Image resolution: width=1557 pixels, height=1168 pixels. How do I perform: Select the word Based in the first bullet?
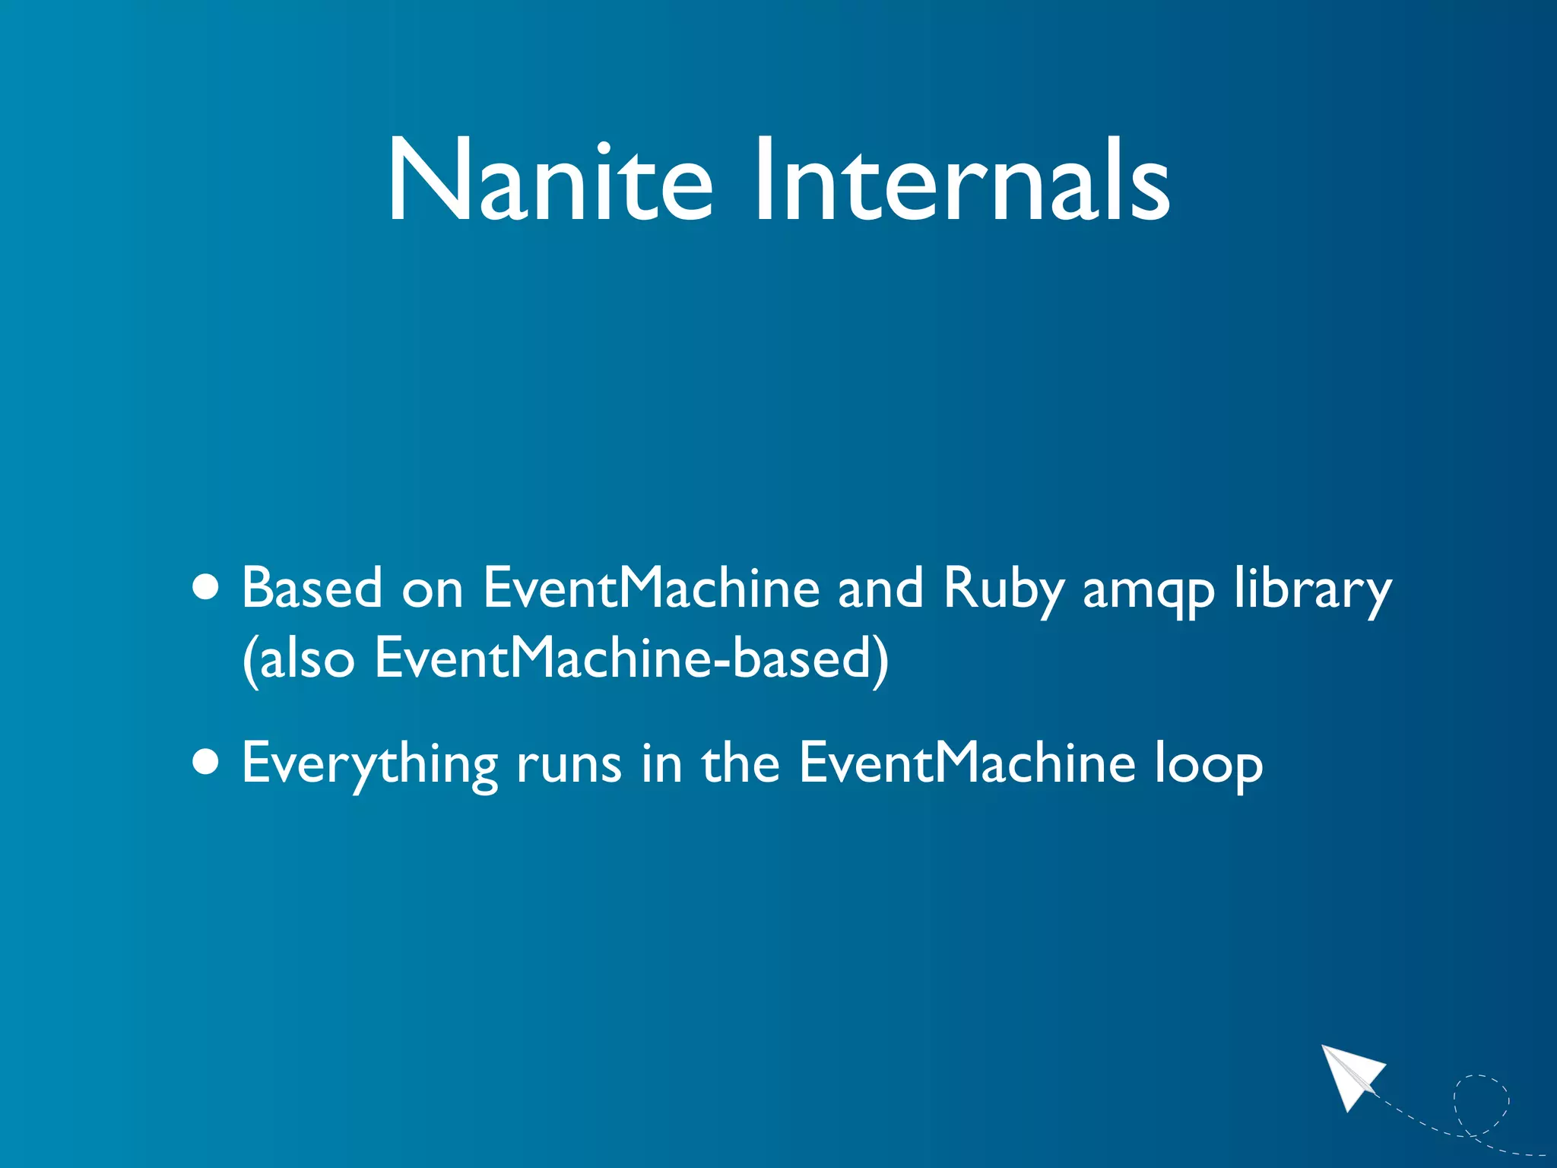point(312,588)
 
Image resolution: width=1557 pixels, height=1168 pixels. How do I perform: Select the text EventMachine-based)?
point(631,659)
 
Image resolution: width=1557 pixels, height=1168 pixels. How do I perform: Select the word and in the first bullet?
point(880,588)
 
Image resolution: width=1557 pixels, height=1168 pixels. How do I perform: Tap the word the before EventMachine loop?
point(740,763)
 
